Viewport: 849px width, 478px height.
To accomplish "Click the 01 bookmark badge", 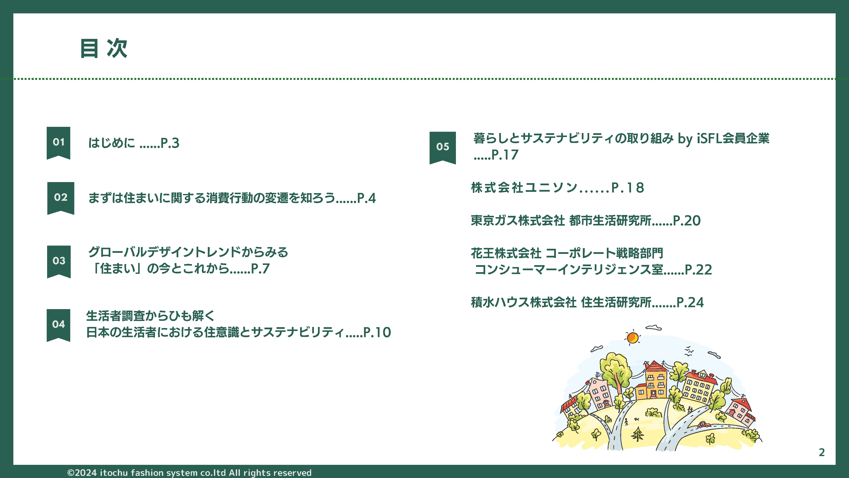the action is (58, 143).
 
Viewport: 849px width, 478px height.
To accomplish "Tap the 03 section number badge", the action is (59, 262).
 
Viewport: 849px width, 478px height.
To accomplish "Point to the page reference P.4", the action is (366, 198).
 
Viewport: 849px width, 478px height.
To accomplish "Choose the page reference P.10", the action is (377, 332).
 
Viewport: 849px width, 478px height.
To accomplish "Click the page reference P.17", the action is (505, 155).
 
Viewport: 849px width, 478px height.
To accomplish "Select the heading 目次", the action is (104, 48).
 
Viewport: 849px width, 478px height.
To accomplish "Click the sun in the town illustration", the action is (633, 338).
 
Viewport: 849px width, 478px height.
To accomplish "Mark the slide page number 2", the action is (822, 452).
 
